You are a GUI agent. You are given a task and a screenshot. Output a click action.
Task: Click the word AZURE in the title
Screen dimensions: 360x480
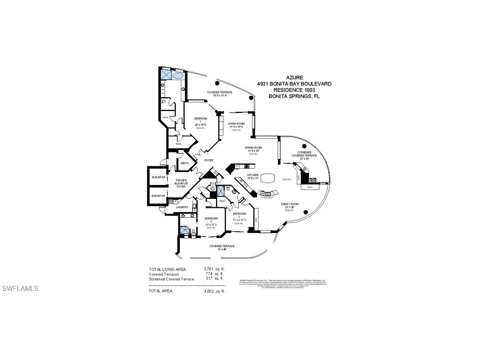(x=294, y=78)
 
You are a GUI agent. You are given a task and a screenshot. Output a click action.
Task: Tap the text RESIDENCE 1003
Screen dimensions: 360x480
(x=294, y=90)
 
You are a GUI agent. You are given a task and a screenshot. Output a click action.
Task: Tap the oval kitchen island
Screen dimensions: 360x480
(x=267, y=178)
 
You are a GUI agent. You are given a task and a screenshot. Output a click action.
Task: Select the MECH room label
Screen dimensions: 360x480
(x=184, y=163)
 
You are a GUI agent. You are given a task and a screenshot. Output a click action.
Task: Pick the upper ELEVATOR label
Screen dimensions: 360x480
(x=158, y=177)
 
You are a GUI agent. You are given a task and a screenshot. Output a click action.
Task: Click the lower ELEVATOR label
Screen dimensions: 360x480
(x=158, y=196)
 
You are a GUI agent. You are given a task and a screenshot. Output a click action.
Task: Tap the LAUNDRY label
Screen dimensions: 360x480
(x=182, y=207)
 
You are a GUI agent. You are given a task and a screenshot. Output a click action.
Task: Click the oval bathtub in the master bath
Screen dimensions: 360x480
(x=178, y=76)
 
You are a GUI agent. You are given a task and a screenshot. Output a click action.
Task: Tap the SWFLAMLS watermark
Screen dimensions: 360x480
(x=20, y=289)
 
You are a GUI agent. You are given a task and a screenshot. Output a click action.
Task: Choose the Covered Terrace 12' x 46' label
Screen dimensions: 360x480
(x=222, y=247)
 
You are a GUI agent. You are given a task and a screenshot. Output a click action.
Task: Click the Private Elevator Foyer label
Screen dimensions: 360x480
(x=181, y=183)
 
